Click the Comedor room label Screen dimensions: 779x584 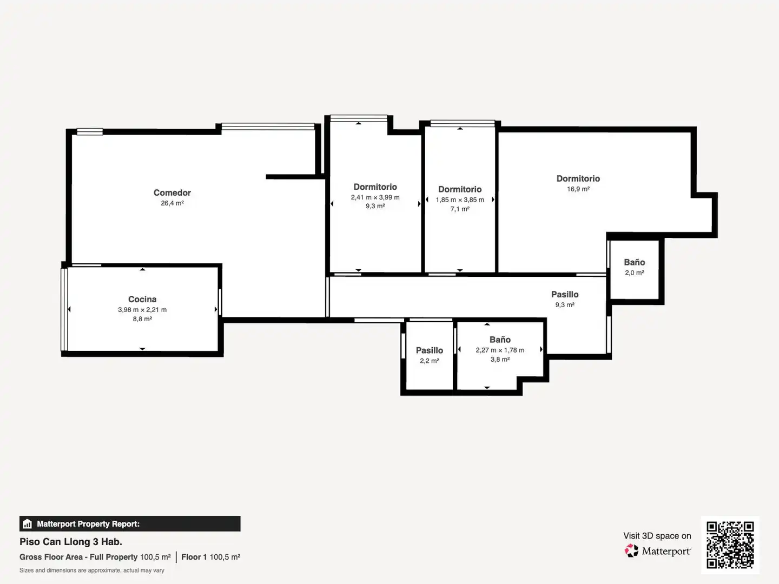click(172, 193)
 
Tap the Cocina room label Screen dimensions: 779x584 click(142, 299)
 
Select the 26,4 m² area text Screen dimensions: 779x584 click(172, 203)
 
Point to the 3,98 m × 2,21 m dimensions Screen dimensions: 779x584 click(142, 309)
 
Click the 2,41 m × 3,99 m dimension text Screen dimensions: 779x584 click(375, 197)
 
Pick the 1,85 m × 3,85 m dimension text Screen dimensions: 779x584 click(460, 200)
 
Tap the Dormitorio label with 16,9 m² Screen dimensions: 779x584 click(578, 178)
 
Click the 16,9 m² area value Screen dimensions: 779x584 click(578, 189)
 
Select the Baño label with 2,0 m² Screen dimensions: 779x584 click(635, 262)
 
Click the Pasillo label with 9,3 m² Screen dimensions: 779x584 click(565, 294)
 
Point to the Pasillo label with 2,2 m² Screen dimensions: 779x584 click(430, 350)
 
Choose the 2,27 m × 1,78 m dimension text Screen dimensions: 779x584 click(500, 350)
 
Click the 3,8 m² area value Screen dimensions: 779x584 click(500, 359)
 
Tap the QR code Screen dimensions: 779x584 click(730, 545)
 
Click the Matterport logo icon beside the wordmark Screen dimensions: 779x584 click(631, 550)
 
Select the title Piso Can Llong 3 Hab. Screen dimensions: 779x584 click(71, 542)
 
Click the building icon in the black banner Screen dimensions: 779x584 click(28, 524)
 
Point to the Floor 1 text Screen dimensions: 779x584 click(194, 557)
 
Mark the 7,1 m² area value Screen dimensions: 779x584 click(460, 209)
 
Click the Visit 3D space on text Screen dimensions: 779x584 click(657, 536)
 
